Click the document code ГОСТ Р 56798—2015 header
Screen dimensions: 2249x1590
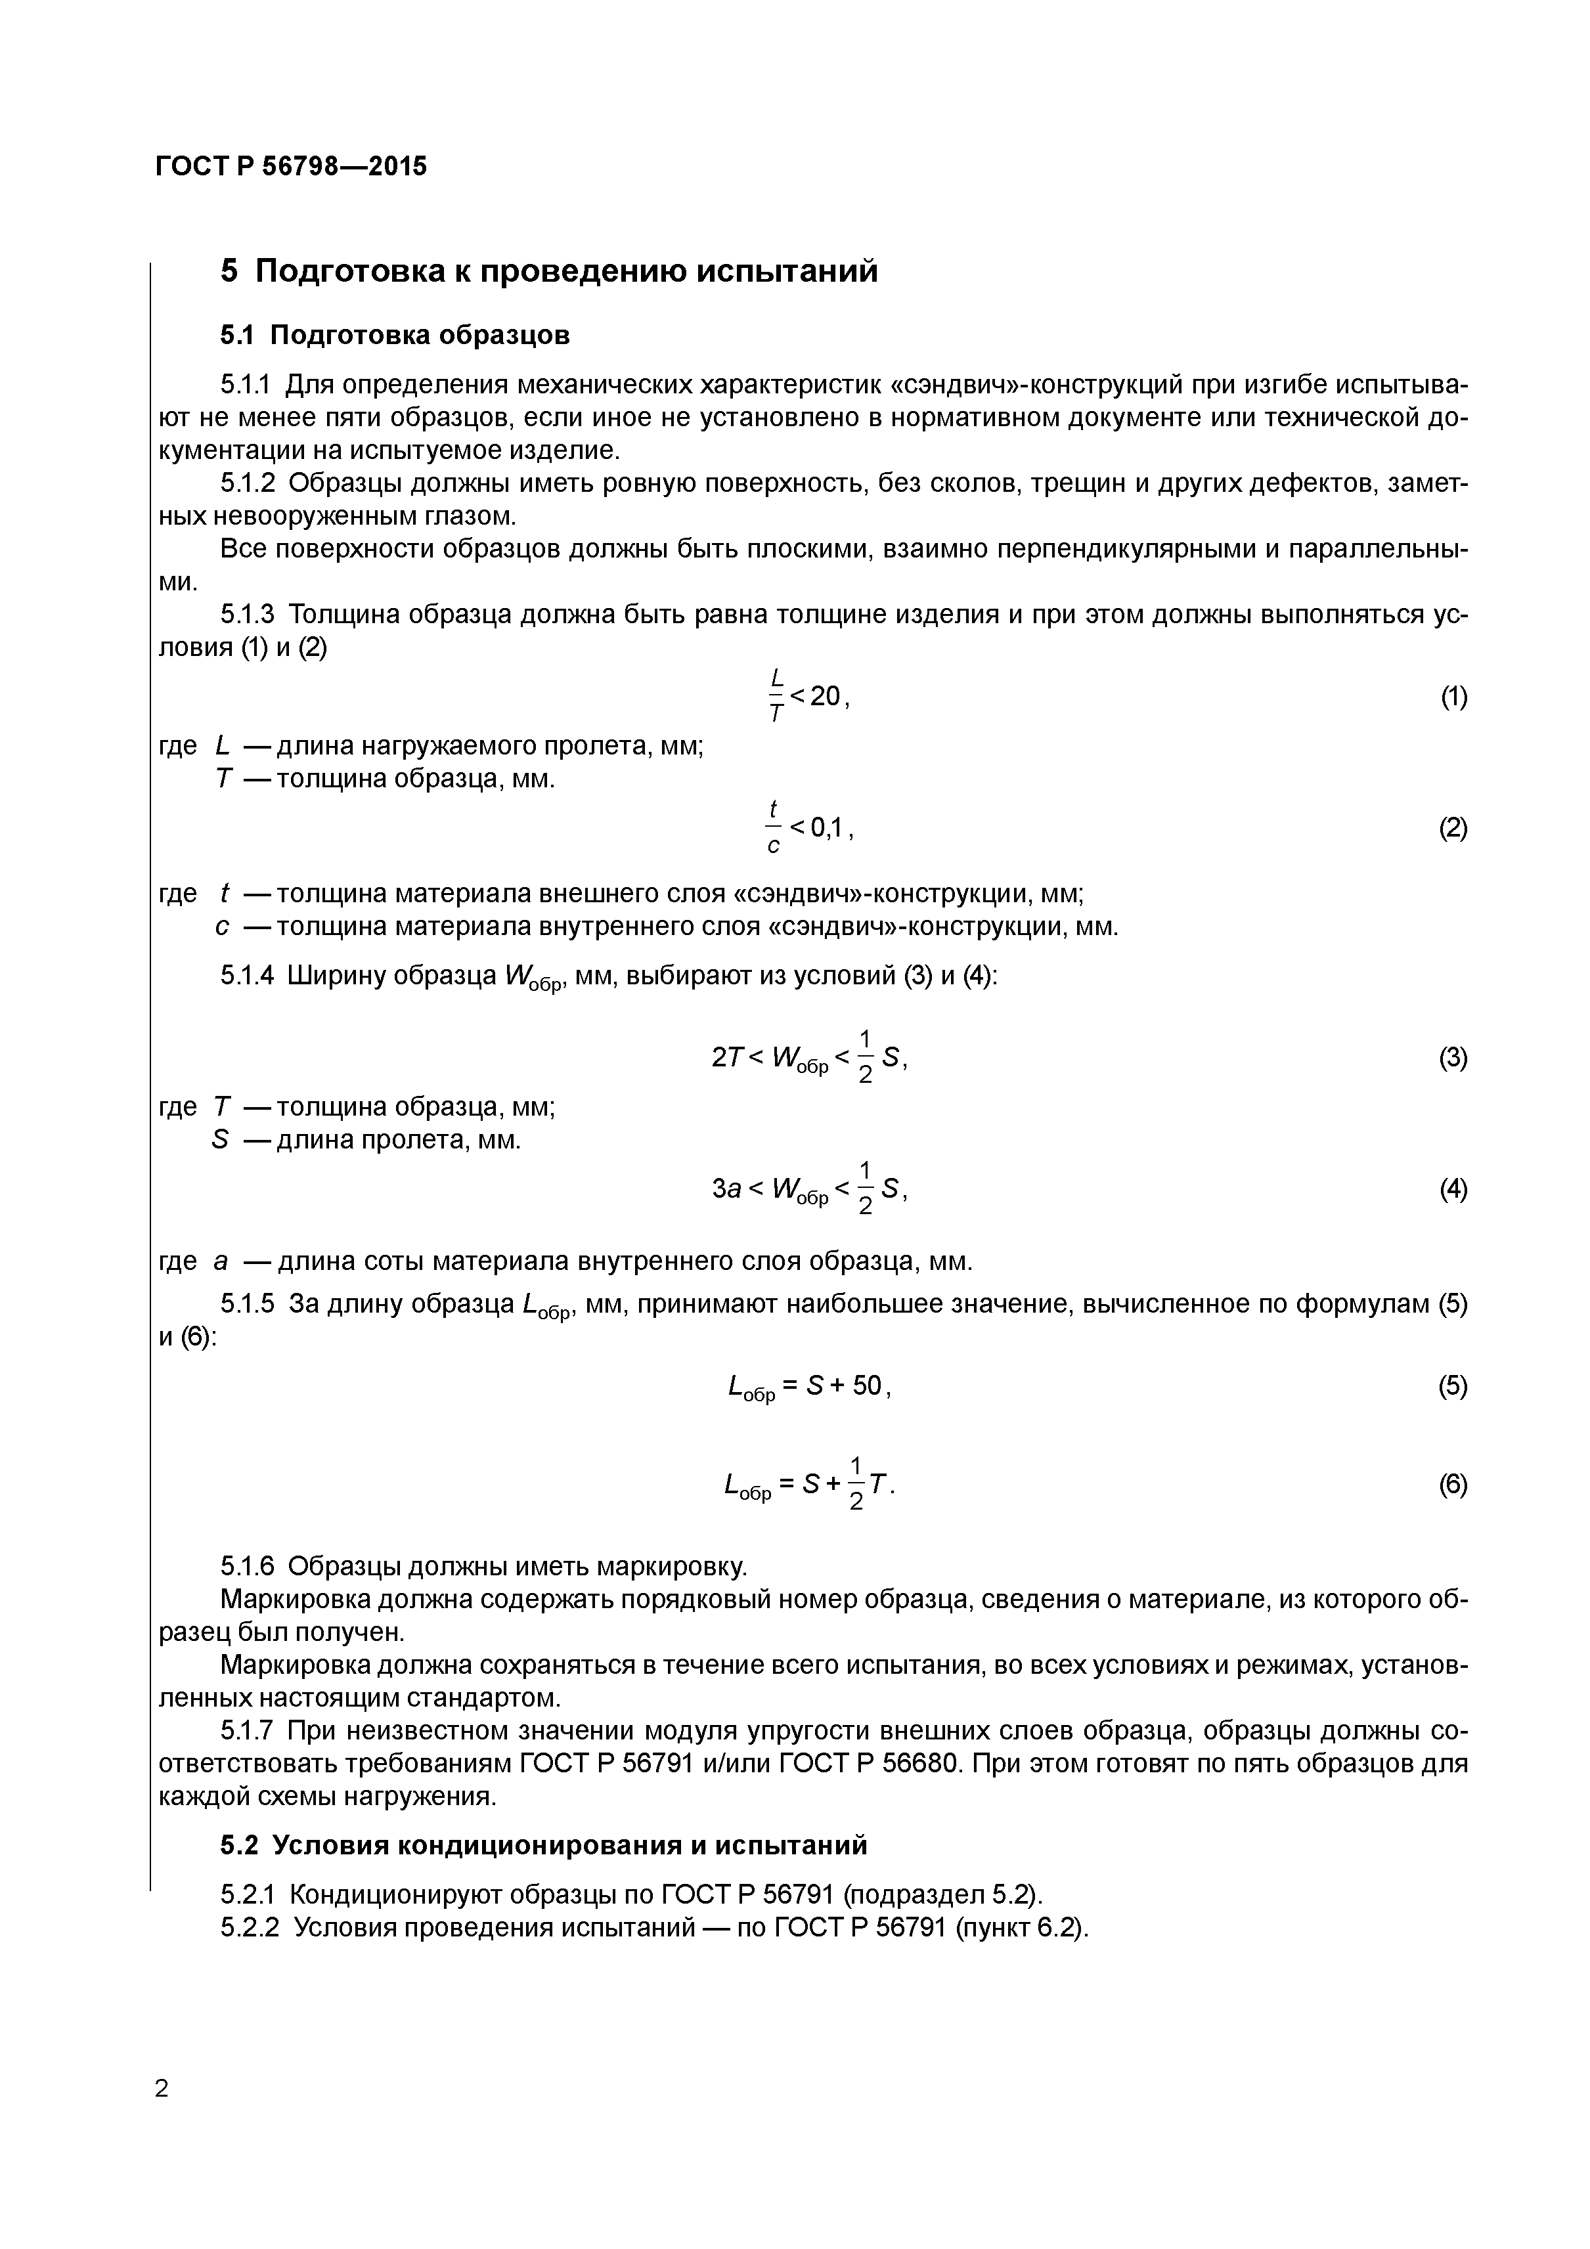[291, 167]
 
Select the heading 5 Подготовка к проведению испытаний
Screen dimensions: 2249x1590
[548, 271]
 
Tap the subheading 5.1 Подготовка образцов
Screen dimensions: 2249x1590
[395, 336]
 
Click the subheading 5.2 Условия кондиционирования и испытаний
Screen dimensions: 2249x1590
[544, 1845]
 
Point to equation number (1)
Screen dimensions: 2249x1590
[1453, 697]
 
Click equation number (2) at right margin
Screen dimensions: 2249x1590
[1453, 829]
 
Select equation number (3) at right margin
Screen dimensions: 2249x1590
[1453, 1058]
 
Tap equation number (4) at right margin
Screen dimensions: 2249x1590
[1453, 1189]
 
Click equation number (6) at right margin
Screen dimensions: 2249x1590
[1453, 1485]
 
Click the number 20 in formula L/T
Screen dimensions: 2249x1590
[825, 697]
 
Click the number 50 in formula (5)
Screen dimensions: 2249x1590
[866, 1386]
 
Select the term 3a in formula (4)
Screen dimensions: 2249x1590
[726, 1189]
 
